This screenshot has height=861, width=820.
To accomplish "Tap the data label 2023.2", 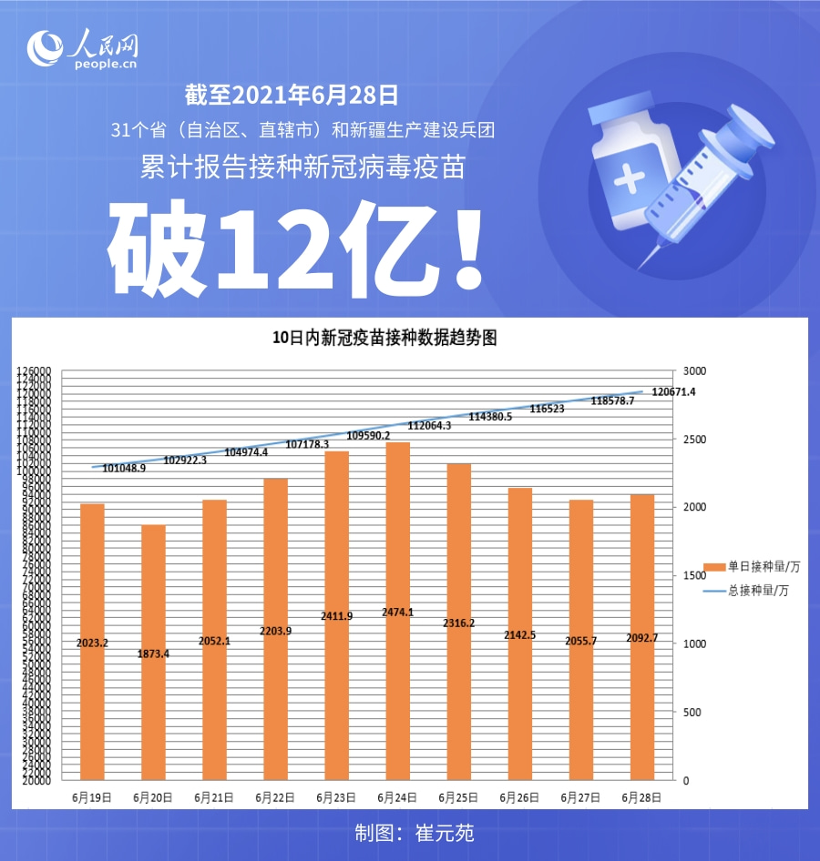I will tap(92, 643).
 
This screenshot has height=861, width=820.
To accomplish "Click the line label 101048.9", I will tap(124, 468).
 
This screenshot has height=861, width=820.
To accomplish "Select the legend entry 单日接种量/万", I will tap(763, 567).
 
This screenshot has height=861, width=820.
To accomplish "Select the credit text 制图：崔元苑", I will tap(415, 833).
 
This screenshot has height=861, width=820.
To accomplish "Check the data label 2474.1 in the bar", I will tap(398, 613).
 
